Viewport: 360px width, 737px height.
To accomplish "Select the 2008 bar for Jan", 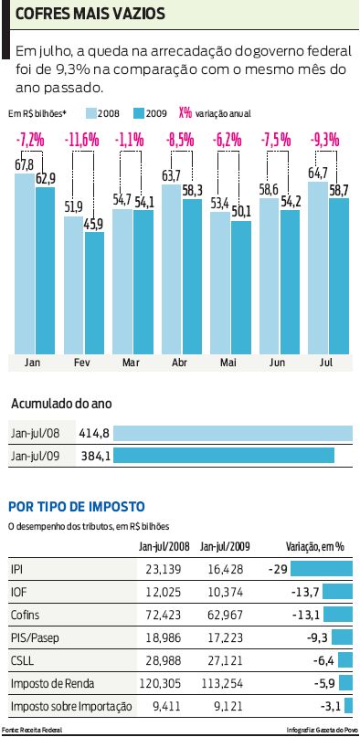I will [25, 265].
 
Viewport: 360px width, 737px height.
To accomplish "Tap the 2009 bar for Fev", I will [94, 292].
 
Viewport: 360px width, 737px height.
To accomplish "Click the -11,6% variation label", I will [83, 140].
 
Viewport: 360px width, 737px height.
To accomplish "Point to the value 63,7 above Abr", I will [172, 175].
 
